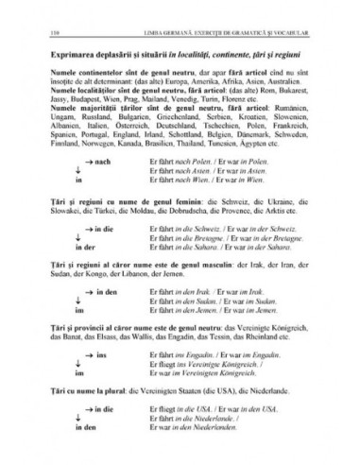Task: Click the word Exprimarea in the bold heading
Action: coord(70,59)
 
